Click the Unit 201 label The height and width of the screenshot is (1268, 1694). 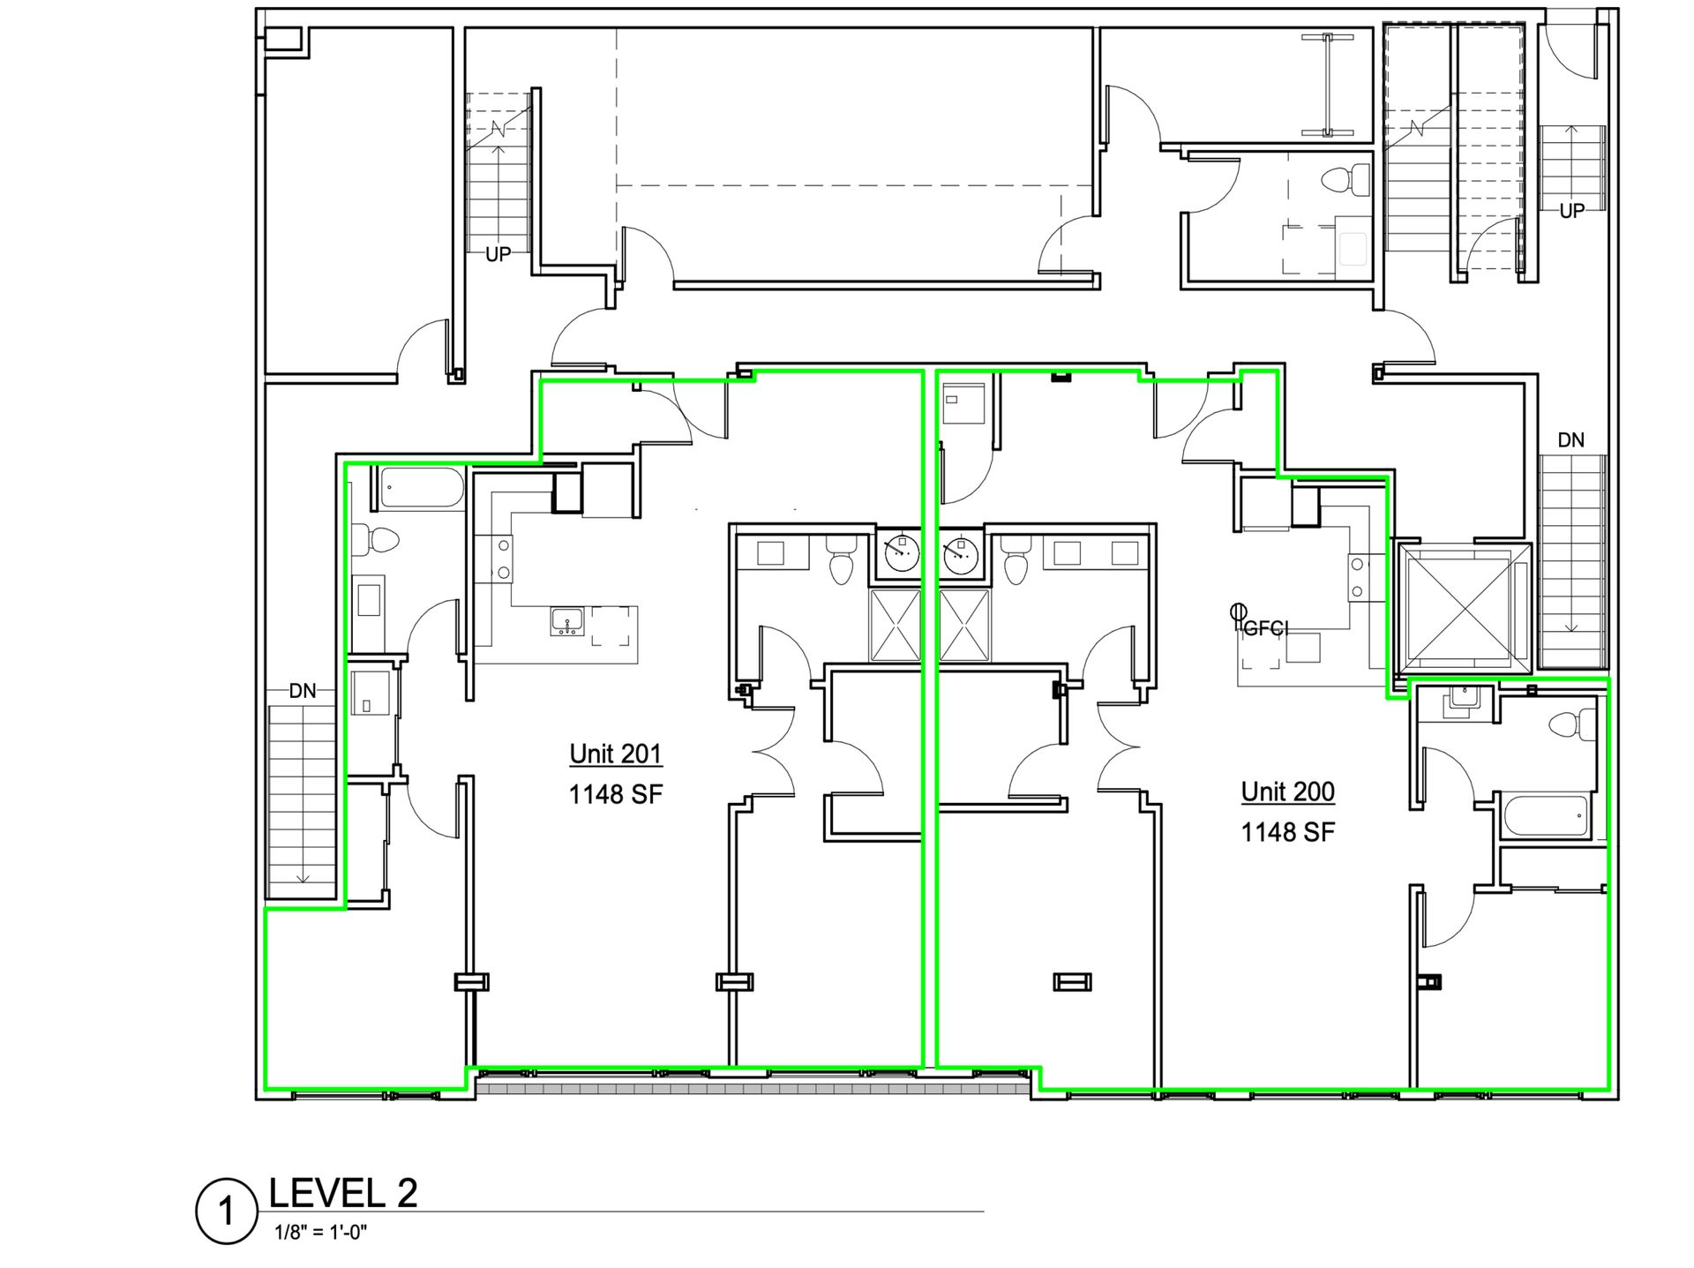[615, 754]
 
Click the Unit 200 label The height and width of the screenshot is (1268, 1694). [1287, 792]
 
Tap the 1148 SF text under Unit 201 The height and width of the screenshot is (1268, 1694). [615, 794]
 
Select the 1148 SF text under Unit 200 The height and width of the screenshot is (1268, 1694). [1287, 832]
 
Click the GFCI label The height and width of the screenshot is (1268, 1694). [1266, 628]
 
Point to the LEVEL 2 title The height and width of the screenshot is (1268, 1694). [342, 1193]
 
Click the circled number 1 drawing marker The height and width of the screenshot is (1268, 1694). [227, 1212]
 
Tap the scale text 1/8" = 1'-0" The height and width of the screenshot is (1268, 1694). [320, 1232]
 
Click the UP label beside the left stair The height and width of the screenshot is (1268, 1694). [498, 254]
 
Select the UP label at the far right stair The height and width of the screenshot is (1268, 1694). [1572, 211]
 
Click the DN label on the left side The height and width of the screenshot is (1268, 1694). [303, 691]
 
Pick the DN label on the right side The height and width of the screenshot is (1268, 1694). [1570, 439]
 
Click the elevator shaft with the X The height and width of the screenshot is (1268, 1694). [1465, 608]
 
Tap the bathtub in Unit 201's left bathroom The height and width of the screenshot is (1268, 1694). [422, 488]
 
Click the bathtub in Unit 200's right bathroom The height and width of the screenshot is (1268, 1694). [1544, 816]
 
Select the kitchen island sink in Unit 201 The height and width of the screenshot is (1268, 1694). [566, 621]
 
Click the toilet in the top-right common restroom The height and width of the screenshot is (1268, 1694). [1341, 183]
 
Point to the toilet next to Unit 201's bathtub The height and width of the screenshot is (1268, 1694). [375, 540]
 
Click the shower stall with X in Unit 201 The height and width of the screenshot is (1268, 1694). [896, 626]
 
